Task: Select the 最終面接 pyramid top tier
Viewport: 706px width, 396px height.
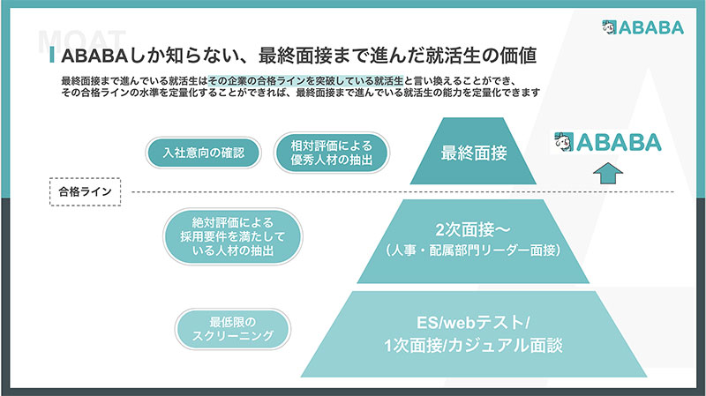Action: [474, 152]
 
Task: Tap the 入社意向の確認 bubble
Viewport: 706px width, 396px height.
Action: [204, 152]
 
